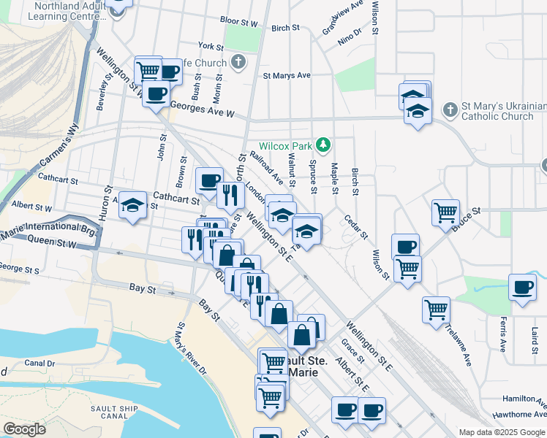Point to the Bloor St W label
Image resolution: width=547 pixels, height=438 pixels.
(x=237, y=23)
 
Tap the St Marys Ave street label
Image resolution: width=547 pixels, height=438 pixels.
(x=287, y=75)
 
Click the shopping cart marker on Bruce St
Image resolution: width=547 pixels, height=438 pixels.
(x=445, y=212)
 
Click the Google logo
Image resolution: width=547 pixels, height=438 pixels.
(x=24, y=429)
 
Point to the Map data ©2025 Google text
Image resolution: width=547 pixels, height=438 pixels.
(x=502, y=432)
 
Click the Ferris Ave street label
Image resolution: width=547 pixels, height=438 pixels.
(x=502, y=331)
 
